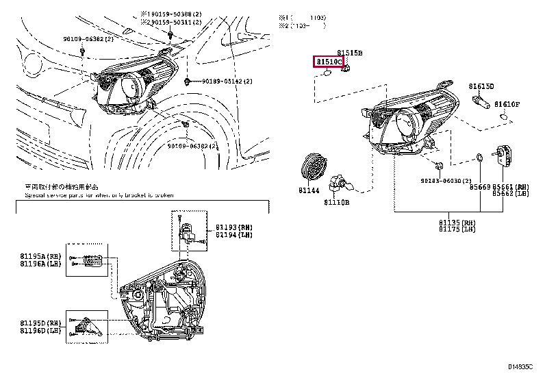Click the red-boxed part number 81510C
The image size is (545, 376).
click(x=328, y=62)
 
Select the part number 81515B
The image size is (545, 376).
click(x=349, y=53)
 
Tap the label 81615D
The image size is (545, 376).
click(x=481, y=86)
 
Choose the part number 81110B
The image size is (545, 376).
click(x=336, y=203)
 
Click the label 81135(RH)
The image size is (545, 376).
click(x=457, y=223)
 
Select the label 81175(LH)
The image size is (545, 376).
click(x=457, y=230)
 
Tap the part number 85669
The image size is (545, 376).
click(x=481, y=186)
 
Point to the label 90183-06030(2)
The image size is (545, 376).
click(x=446, y=181)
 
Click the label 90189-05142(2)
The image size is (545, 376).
click(x=227, y=82)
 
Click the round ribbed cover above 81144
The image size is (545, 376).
click(x=314, y=168)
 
